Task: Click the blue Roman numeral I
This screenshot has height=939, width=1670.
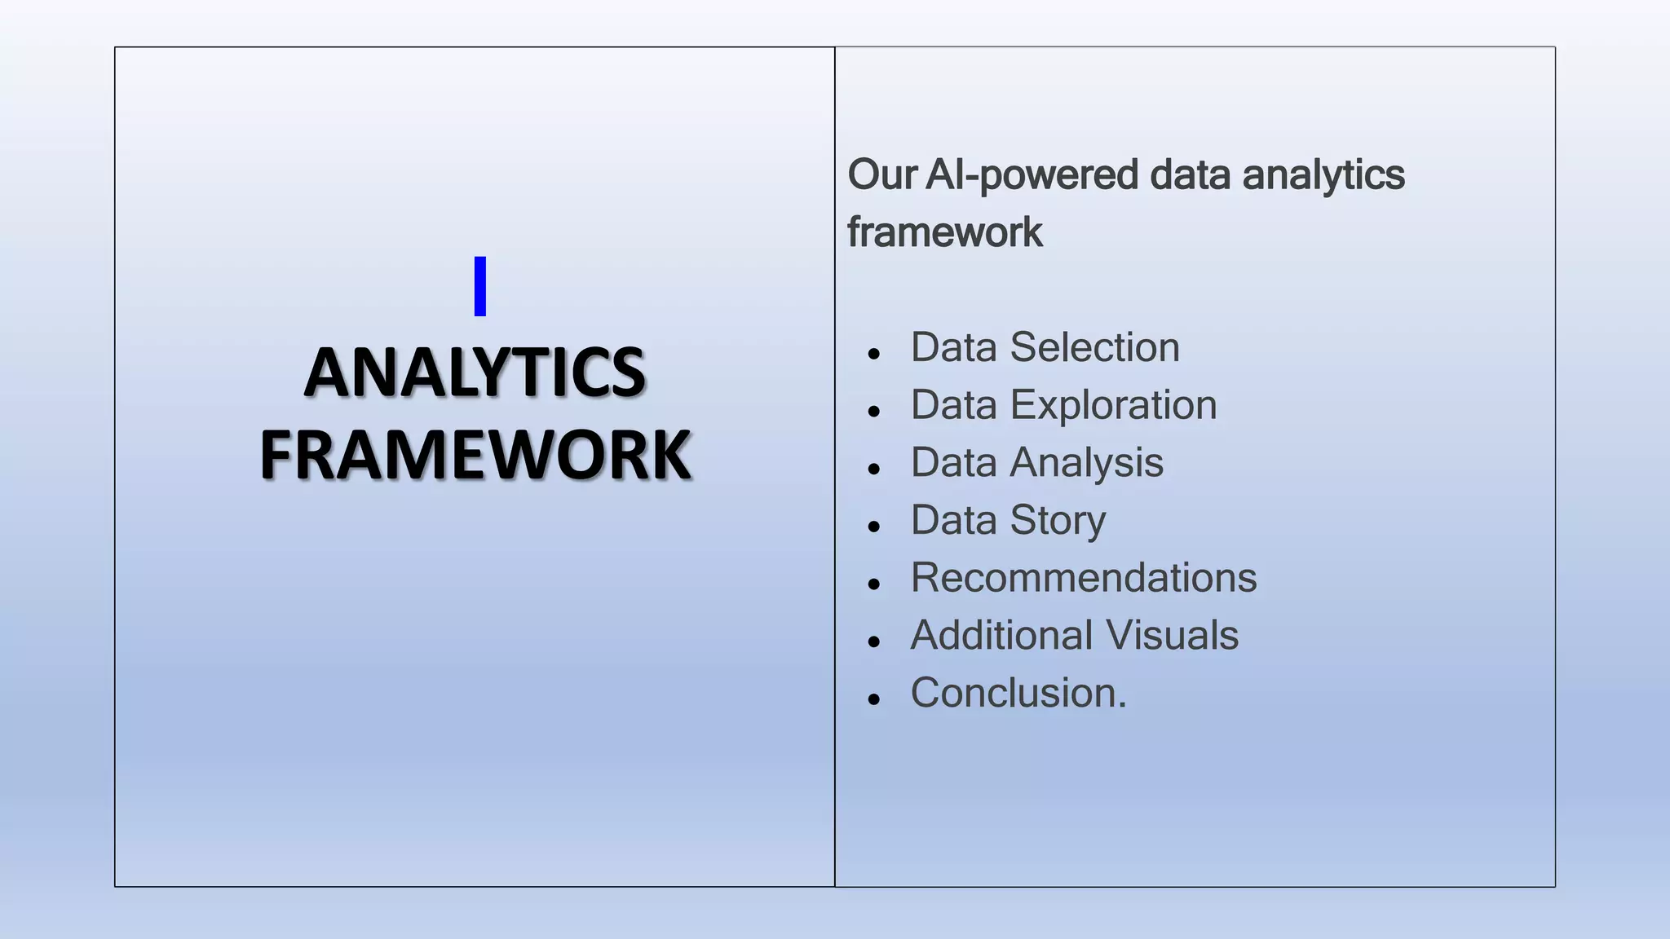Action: [480, 286]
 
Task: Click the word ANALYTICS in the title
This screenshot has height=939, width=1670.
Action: [475, 373]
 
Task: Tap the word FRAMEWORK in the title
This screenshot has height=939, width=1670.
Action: [475, 455]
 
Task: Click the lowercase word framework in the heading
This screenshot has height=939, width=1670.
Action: [944, 232]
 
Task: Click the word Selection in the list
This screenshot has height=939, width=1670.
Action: [1094, 348]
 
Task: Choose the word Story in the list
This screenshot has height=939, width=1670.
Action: [1058, 521]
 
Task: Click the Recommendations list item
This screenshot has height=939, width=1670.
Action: [1084, 578]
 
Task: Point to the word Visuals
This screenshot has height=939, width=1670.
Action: [1171, 635]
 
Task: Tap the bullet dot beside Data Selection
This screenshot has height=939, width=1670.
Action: [874, 354]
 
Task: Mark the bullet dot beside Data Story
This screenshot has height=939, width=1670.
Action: [874, 527]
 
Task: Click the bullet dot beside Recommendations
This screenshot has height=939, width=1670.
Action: [874, 584]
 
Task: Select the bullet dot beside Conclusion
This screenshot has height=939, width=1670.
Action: [874, 699]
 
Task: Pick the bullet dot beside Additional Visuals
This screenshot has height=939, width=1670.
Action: [874, 641]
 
